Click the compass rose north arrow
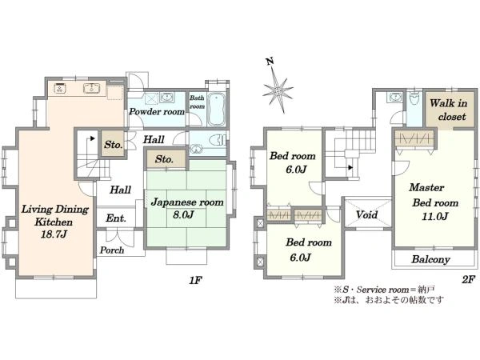tap(278, 90)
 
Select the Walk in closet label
tap(449, 110)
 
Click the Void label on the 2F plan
tap(366, 215)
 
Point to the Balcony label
tap(430, 259)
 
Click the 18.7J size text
tap(54, 234)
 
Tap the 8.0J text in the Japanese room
tap(183, 214)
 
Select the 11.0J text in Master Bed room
tap(435, 217)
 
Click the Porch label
tap(112, 250)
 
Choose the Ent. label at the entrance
tap(116, 218)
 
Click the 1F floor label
tap(195, 280)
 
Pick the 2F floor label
tap(468, 279)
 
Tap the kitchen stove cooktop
tap(59, 88)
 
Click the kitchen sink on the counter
tap(91, 88)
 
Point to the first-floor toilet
tap(218, 141)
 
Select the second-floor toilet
tap(414, 98)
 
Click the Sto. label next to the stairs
tap(114, 145)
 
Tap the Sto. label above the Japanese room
tap(164, 159)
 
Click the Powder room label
tap(157, 112)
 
